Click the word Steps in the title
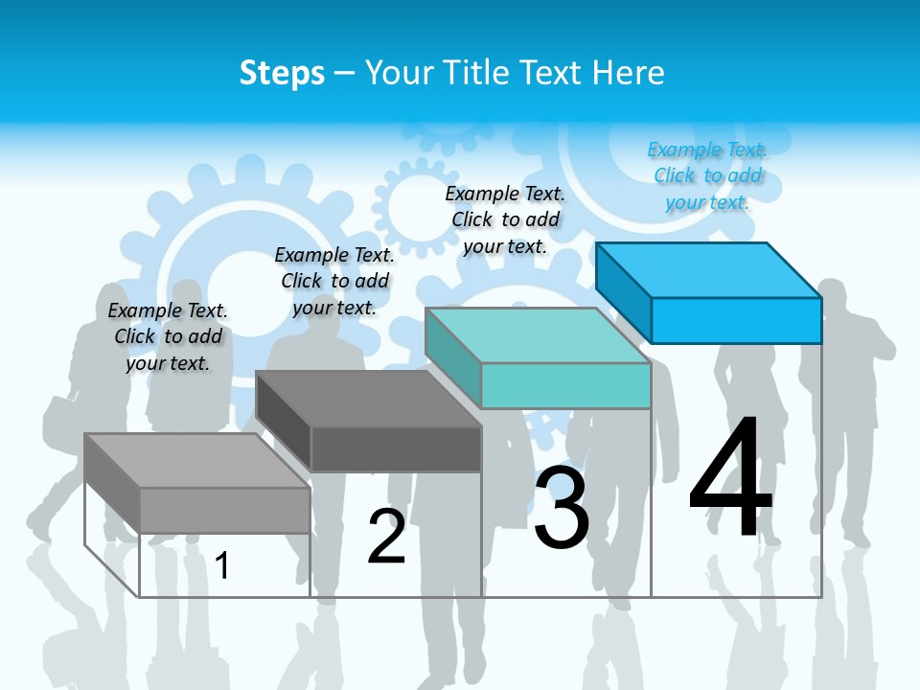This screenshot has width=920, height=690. point(282,73)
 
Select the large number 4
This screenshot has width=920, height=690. point(730,479)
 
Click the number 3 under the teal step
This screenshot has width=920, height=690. point(562,508)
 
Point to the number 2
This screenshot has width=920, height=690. point(387,537)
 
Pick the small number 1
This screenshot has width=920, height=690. point(222,565)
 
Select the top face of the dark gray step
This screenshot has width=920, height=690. point(369,399)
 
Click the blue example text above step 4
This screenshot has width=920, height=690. point(707,175)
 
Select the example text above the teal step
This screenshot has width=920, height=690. point(505,219)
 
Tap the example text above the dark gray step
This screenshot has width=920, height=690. point(334,281)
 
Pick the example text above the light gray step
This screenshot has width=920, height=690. point(168,336)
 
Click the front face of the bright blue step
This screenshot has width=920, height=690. point(736,320)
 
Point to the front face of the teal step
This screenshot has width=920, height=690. point(565,385)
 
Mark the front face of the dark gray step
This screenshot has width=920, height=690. point(396,448)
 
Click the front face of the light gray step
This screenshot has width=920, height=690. point(224,510)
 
